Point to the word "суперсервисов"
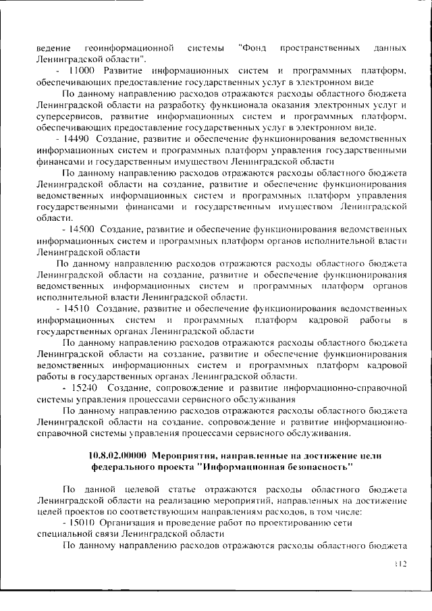(69, 116)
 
